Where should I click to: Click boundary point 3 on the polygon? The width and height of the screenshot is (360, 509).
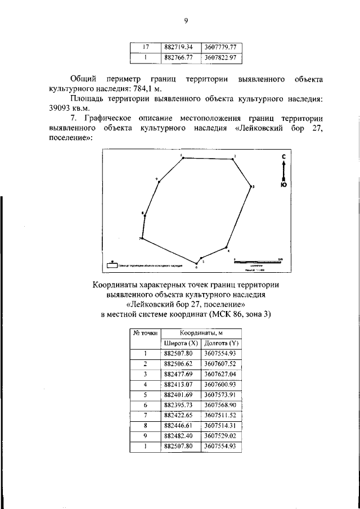[x=250, y=185]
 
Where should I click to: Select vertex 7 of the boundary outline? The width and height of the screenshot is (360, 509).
[x=142, y=238]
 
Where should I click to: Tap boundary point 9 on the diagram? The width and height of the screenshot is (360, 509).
[x=159, y=181]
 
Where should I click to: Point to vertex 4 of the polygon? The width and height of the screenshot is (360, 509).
[x=226, y=247]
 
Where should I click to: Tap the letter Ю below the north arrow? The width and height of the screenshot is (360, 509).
[x=284, y=184]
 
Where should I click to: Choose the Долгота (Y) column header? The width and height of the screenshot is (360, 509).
[x=222, y=343]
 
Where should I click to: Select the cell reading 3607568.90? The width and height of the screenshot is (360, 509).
[x=222, y=405]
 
